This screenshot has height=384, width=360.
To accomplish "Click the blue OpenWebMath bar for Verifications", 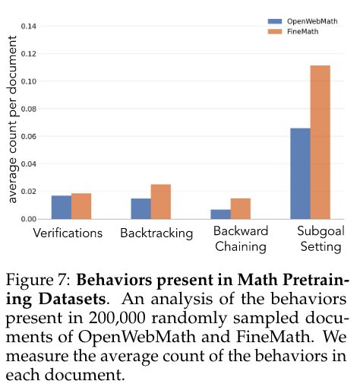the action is coord(62,207).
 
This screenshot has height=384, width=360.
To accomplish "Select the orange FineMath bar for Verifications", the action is coord(81,206).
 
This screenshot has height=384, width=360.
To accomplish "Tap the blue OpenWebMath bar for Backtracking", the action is coord(141,208).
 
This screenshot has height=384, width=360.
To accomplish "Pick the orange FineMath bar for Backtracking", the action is coord(161,202).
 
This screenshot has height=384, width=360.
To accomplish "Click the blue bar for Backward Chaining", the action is coord(220,214).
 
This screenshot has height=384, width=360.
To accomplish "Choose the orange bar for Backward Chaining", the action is coord(241,208).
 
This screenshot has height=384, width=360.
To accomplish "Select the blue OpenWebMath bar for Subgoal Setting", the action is coord(300,173).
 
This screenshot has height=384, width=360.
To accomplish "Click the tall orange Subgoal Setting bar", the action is coord(321,142).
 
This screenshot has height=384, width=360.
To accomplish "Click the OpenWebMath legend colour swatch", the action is coord(275,21).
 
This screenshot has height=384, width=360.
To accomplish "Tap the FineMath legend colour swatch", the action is coord(275,32).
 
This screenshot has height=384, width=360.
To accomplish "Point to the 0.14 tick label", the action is coord(29,27).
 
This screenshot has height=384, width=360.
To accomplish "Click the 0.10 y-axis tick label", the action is coord(29,81).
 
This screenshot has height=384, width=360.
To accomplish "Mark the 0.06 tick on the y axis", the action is coord(29,136).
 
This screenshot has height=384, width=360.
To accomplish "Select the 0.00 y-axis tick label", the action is coord(29,219).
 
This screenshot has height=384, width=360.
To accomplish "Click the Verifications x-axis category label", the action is coord(68,233).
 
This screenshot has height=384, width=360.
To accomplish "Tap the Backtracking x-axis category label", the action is coord(156,233).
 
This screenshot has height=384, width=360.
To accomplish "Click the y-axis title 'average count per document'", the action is coord(12,119).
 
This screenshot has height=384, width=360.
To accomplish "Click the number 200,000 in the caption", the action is coord(117,318).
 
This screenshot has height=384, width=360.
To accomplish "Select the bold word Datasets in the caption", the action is coord(72,299).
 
